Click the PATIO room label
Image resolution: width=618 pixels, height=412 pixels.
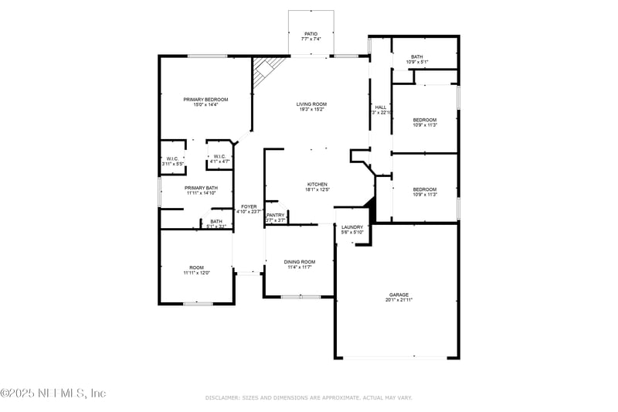point(311,34)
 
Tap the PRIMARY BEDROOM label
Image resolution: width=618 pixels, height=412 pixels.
point(205,99)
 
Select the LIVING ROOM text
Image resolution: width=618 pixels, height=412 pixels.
point(311,104)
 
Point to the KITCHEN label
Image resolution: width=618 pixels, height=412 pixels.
point(317,184)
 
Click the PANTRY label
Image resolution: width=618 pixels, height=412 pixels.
point(276,215)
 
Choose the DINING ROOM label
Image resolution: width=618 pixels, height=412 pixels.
point(300,261)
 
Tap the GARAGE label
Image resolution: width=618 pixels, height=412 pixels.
point(399,295)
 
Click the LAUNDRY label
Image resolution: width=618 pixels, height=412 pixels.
point(352,226)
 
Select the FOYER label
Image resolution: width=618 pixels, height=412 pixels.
point(249,206)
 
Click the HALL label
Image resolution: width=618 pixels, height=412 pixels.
point(380,107)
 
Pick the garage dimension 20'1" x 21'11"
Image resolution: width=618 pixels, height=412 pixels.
point(399,300)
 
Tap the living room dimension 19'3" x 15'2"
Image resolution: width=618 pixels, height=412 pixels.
point(311,109)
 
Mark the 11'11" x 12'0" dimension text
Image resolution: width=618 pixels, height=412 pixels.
point(196,273)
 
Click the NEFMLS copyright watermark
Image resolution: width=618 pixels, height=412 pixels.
point(53,393)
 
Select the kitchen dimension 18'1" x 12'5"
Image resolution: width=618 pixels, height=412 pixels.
point(317,189)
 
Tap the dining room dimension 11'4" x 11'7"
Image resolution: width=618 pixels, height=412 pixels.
point(300,267)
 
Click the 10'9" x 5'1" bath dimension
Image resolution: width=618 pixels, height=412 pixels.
point(417,62)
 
